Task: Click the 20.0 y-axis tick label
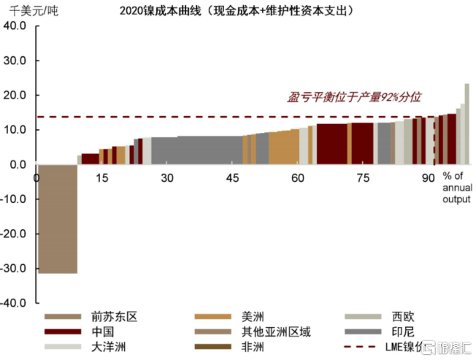(15, 95)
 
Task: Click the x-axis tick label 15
(101, 178)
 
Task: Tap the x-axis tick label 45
(233, 178)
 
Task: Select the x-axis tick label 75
(363, 178)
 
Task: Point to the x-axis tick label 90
(429, 178)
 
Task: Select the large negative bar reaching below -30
(58, 218)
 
